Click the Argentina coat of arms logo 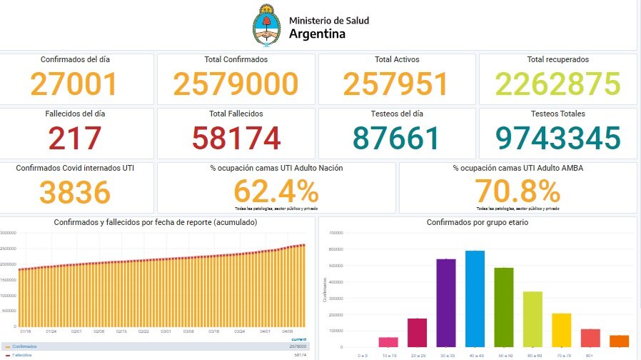click(x=268, y=26)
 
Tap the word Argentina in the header click(x=317, y=34)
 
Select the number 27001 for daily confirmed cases click(x=74, y=84)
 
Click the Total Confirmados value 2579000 click(x=236, y=84)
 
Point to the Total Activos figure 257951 click(x=395, y=84)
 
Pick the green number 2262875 click(x=558, y=84)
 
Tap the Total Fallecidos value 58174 click(x=236, y=139)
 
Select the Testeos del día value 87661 click(x=395, y=139)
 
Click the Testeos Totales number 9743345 click(x=558, y=139)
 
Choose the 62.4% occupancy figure click(x=276, y=191)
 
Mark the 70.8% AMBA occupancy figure click(x=517, y=191)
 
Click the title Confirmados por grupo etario click(x=477, y=223)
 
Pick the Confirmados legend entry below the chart click(x=24, y=346)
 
